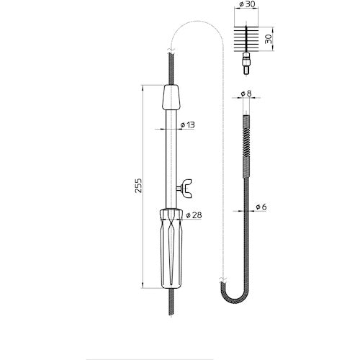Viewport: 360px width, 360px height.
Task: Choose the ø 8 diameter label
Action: [x=246, y=94]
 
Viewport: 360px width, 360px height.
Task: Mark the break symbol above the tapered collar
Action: [x=170, y=51]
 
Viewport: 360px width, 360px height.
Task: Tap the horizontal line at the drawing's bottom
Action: [x=180, y=338]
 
